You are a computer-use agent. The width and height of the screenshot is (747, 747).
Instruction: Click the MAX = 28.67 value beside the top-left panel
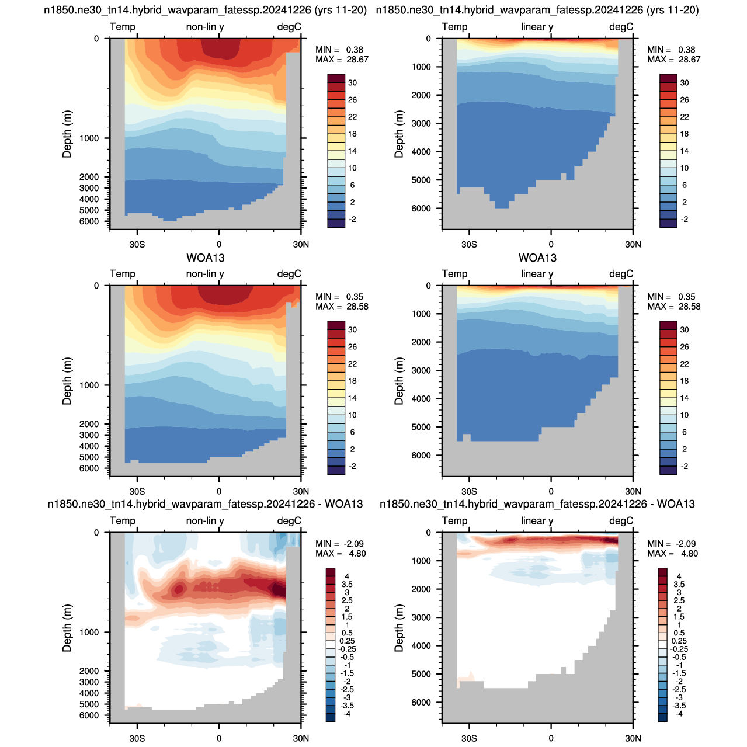pyautogui.click(x=342, y=60)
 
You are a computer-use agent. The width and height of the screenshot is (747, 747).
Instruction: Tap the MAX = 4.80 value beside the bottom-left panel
pyautogui.click(x=341, y=554)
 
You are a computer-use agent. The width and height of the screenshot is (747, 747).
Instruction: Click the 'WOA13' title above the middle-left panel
pyautogui.click(x=206, y=258)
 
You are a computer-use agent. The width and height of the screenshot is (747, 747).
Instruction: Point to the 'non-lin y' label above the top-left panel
pyautogui.click(x=205, y=27)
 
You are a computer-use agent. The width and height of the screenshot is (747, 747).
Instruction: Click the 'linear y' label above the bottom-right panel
pyautogui.click(x=537, y=521)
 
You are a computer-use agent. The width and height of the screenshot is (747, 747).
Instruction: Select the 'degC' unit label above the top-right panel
pyautogui.click(x=621, y=27)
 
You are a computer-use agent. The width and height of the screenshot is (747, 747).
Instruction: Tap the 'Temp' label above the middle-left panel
pyautogui.click(x=123, y=274)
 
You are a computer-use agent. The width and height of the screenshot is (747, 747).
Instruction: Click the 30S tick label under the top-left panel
pyautogui.click(x=137, y=245)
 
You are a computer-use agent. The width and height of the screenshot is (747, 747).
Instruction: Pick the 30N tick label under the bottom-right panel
pyautogui.click(x=633, y=738)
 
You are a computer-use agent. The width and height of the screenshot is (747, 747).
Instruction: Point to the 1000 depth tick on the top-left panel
pyautogui.click(x=89, y=138)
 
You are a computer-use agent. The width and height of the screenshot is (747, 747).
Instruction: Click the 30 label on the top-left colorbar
pyautogui.click(x=352, y=83)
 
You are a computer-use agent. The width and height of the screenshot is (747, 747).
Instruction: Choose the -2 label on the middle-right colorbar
pyautogui.click(x=685, y=466)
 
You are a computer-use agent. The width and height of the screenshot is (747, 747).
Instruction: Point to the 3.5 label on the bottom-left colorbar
pyautogui.click(x=347, y=584)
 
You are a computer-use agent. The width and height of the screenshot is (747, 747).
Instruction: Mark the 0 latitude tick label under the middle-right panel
pyautogui.click(x=551, y=492)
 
